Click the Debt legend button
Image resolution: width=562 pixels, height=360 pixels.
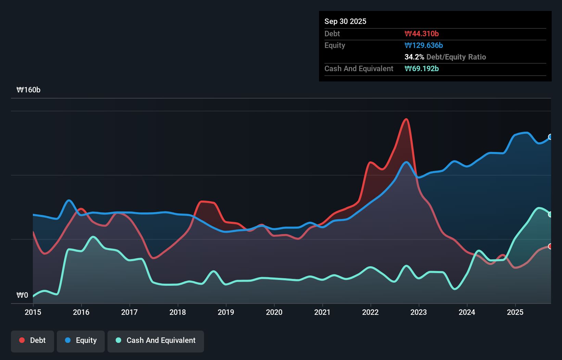[x=33, y=340]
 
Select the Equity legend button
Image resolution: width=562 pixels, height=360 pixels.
[x=81, y=340]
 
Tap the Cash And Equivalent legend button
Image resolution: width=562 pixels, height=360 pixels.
[x=156, y=340]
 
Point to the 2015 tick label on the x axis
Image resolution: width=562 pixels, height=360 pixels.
[x=33, y=312]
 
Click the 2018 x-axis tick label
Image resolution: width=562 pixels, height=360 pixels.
[x=178, y=312]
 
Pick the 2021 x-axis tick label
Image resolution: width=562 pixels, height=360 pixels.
[x=322, y=312]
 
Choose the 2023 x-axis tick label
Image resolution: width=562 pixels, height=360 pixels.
[x=419, y=312]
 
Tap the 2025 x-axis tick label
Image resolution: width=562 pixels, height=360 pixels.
[x=515, y=312]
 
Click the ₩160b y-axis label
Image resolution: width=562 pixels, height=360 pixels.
[x=28, y=90]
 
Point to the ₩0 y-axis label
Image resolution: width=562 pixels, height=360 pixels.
[x=22, y=295]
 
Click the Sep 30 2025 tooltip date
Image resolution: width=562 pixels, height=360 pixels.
[x=345, y=21]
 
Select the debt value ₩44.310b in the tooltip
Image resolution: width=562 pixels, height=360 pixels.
[x=421, y=34]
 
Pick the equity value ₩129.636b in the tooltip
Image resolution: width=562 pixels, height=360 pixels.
[x=423, y=45]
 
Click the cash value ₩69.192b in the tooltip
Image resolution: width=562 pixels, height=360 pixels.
[x=421, y=68]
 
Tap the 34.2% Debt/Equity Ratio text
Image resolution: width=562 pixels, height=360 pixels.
[x=445, y=57]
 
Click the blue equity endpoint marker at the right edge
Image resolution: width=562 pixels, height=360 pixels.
[x=550, y=137]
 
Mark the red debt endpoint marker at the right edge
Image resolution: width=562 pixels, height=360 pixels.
[x=550, y=246]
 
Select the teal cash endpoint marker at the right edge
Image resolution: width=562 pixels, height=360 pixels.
[x=550, y=215]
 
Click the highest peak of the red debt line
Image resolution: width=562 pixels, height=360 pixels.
[x=406, y=119]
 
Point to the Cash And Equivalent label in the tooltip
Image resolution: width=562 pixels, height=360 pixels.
[x=359, y=68]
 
